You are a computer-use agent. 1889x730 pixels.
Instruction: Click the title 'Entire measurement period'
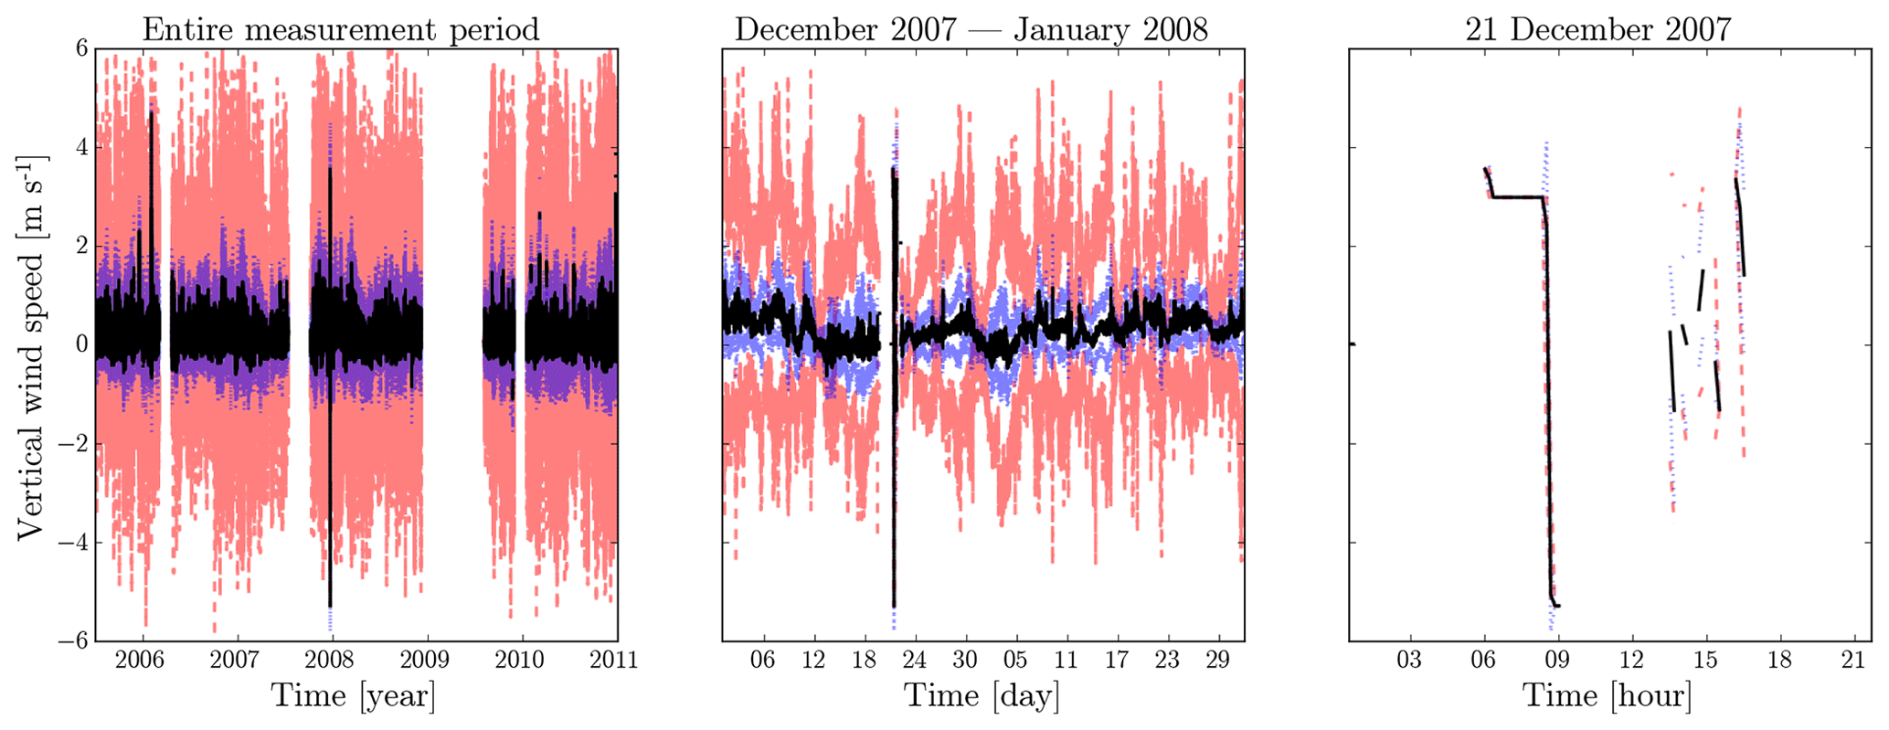[x=341, y=29]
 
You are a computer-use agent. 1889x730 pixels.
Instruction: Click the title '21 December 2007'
[x=1597, y=29]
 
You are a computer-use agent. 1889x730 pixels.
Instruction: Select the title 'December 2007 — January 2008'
[x=971, y=29]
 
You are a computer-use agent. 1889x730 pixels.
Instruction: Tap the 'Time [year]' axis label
[x=353, y=696]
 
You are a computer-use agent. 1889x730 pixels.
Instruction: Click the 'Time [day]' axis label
[x=982, y=696]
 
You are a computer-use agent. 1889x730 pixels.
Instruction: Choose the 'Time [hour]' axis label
[x=1607, y=696]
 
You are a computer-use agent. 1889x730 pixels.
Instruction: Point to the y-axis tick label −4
[x=73, y=543]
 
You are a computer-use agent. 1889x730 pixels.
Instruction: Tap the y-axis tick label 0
[x=81, y=345]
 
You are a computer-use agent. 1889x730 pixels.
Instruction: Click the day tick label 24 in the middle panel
[x=915, y=660]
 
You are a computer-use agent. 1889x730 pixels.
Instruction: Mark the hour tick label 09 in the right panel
[x=1558, y=660]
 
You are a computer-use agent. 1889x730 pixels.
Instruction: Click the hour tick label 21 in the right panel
[x=1853, y=660]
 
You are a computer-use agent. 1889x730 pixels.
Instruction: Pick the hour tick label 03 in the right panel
[x=1410, y=660]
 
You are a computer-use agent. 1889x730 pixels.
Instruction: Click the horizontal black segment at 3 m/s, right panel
[x=1517, y=196]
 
